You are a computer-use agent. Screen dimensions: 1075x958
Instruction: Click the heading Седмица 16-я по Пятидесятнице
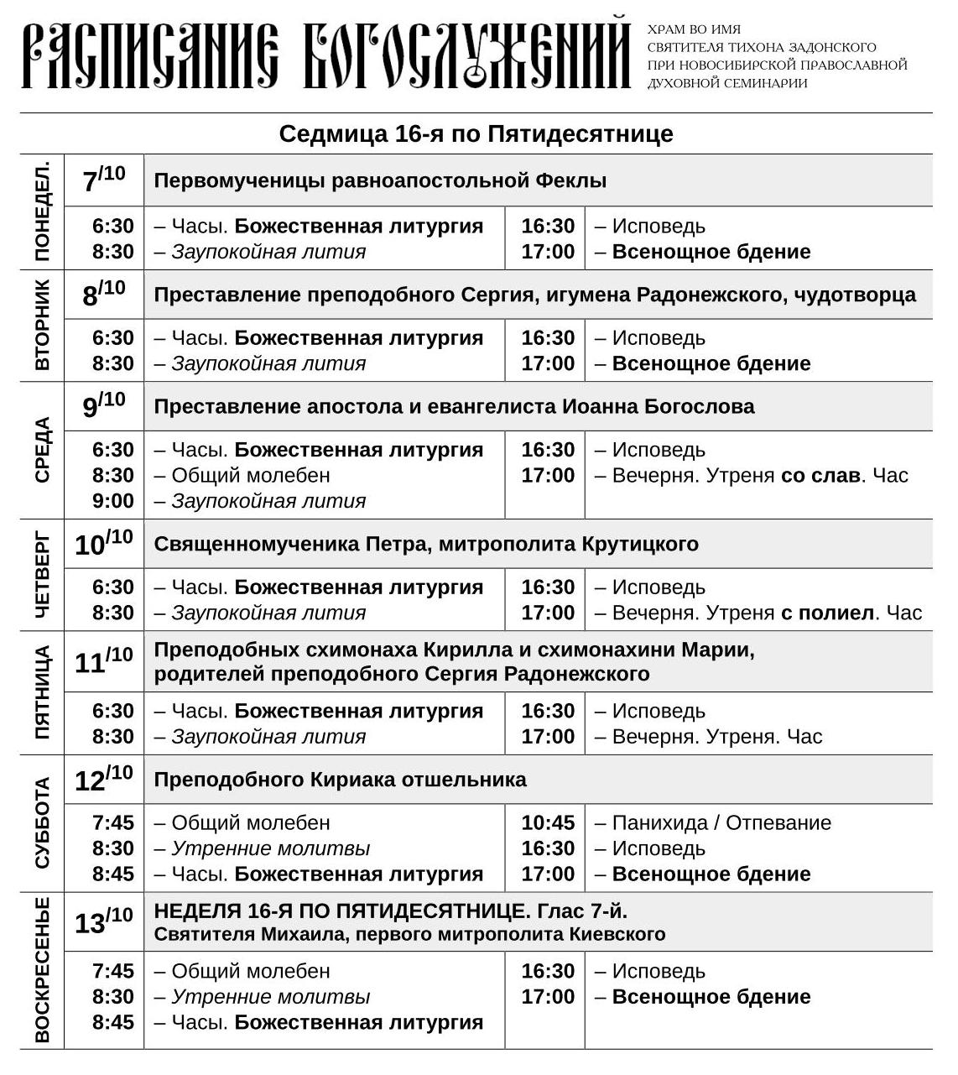pos(476,134)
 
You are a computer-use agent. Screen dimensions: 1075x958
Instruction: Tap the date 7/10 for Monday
pos(104,180)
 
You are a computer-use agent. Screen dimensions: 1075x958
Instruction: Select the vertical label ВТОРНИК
pos(43,325)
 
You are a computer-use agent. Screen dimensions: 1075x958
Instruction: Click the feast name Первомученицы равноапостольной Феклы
pos(380,180)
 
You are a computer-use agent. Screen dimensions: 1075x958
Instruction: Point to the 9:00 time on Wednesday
pos(113,501)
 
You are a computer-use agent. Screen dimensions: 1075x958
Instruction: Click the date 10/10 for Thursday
pos(104,544)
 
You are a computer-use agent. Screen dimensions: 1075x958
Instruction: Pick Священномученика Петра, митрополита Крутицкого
pos(426,544)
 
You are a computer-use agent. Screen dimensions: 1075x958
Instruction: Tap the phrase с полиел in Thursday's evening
pos(826,613)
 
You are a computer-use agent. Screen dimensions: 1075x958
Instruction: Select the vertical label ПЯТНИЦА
pos(43,691)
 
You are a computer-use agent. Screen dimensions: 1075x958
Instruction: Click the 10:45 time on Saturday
pos(548,823)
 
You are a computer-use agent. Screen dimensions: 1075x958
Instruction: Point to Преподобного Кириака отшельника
pos(340,780)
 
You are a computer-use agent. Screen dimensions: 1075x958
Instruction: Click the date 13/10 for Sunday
pos(104,921)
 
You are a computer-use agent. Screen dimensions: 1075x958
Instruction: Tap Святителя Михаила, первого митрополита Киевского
pos(409,935)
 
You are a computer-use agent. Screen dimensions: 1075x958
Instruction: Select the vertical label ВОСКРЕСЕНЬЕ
pos(43,969)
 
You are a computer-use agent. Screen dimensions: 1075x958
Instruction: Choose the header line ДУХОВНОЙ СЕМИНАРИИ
pos(726,83)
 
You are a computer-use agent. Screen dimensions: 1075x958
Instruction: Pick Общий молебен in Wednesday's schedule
pos(251,476)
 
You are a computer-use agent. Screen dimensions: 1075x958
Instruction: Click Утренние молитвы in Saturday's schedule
pos(270,848)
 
